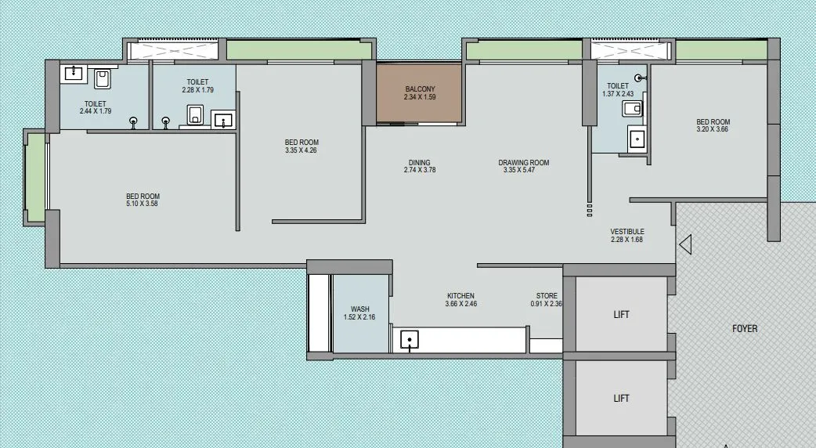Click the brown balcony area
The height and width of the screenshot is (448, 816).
(x=419, y=94)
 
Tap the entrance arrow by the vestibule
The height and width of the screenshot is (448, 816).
(x=685, y=244)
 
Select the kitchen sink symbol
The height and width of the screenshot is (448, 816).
(x=410, y=340)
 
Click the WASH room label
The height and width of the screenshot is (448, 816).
(x=359, y=309)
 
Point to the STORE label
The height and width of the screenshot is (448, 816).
(x=547, y=295)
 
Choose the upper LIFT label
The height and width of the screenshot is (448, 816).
(x=621, y=314)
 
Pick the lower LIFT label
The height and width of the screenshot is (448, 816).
(x=621, y=398)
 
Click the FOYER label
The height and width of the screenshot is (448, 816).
(x=745, y=328)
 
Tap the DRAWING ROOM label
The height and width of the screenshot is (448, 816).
(x=524, y=162)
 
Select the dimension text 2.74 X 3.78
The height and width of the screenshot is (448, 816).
(x=420, y=170)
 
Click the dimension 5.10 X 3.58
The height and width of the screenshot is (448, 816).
(x=142, y=204)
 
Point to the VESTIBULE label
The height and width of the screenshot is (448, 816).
(x=627, y=232)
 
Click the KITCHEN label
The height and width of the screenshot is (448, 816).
(x=460, y=296)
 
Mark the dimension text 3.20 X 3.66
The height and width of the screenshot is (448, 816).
(x=713, y=129)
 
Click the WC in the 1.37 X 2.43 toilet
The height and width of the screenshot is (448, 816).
(x=632, y=109)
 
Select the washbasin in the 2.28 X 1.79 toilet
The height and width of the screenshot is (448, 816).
(x=223, y=119)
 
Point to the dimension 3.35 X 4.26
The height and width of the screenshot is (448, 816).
(x=301, y=150)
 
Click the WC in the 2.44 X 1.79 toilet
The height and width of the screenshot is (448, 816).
(x=102, y=79)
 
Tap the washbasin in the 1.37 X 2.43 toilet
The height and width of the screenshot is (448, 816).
(x=637, y=139)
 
